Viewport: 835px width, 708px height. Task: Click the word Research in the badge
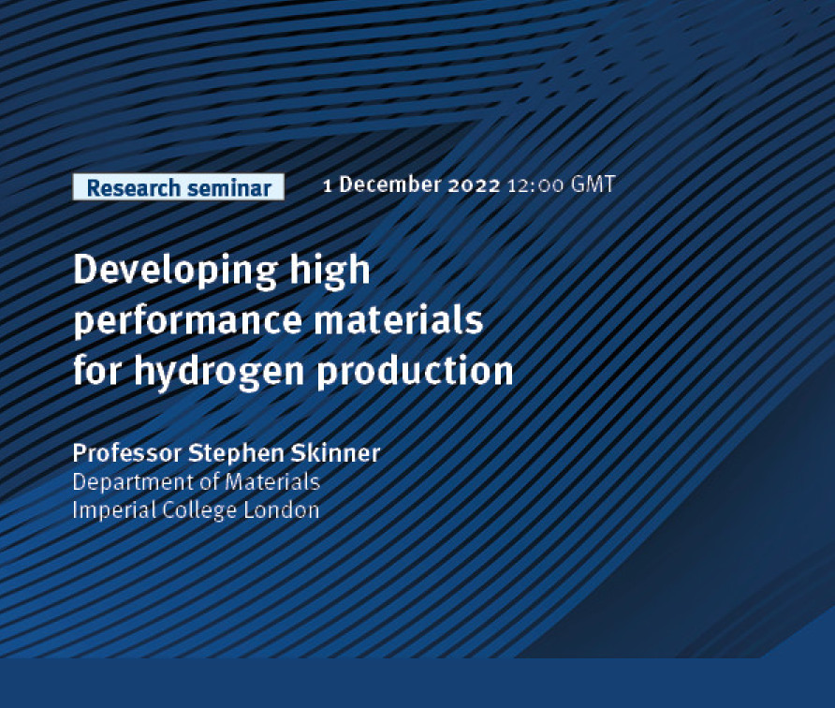[x=133, y=188]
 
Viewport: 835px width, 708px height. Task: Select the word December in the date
[x=390, y=184]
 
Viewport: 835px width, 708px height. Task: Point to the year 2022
[x=474, y=185]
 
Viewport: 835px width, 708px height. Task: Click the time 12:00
[x=535, y=185]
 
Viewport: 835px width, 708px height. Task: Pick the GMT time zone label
[x=593, y=184]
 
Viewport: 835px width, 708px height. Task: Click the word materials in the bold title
[x=399, y=319]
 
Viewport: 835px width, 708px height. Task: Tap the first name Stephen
[x=237, y=454]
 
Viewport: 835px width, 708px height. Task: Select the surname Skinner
[x=335, y=453]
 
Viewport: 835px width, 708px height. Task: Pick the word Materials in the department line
[x=272, y=481]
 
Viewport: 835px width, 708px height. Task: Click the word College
[x=199, y=511]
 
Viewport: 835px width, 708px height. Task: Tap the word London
[x=281, y=509]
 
